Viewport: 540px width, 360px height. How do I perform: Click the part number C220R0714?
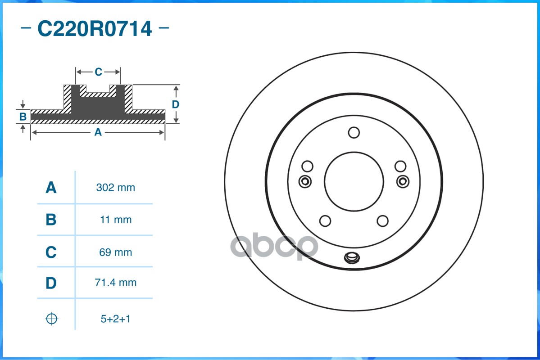pyautogui.click(x=95, y=29)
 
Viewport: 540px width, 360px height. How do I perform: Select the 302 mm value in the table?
pyautogui.click(x=115, y=188)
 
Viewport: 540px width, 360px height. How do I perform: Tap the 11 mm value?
pyautogui.click(x=115, y=220)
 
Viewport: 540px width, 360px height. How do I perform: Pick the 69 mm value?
pyautogui.click(x=115, y=252)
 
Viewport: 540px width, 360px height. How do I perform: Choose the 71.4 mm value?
pyautogui.click(x=115, y=283)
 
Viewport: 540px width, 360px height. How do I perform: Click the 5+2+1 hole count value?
pyautogui.click(x=115, y=319)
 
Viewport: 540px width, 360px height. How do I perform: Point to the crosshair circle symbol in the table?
pyautogui.click(x=52, y=319)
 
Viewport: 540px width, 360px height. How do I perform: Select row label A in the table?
pyautogui.click(x=51, y=188)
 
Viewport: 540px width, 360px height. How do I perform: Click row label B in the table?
pyautogui.click(x=51, y=220)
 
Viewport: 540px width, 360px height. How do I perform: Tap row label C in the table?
pyautogui.click(x=51, y=252)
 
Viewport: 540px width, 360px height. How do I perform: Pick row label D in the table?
pyautogui.click(x=51, y=283)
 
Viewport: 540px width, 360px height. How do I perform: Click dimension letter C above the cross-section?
pyautogui.click(x=98, y=72)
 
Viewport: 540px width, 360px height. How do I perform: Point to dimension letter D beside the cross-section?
pyautogui.click(x=176, y=104)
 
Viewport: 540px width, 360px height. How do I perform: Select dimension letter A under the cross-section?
pyautogui.click(x=98, y=132)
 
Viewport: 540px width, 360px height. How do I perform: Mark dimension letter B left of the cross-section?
pyautogui.click(x=23, y=117)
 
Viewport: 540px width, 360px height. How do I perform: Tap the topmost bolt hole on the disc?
pyautogui.click(x=354, y=133)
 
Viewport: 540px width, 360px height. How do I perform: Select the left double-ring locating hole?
pyautogui.click(x=305, y=181)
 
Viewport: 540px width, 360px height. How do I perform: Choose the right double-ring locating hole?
pyautogui.click(x=403, y=181)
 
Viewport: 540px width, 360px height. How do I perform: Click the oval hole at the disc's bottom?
pyautogui.click(x=351, y=258)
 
